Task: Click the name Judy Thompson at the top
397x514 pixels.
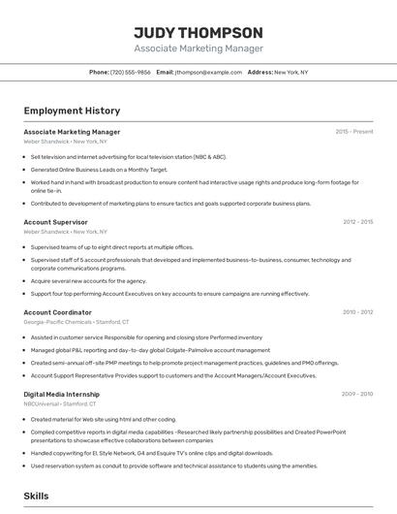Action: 198,32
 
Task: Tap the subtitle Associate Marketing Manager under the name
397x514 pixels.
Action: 198,48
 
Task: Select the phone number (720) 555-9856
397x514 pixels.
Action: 130,72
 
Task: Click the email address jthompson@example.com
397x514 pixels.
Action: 208,72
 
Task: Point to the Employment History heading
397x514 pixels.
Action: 72,111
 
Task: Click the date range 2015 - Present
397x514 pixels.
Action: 353,131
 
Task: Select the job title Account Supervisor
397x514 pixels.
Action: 55,222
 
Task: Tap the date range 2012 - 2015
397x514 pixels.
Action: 357,222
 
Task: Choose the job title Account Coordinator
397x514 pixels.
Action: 57,312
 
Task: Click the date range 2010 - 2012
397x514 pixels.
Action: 357,312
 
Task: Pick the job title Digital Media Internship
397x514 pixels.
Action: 61,394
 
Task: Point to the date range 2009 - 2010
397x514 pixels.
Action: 357,394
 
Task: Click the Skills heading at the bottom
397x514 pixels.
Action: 36,496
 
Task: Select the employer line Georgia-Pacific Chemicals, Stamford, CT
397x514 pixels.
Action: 76,322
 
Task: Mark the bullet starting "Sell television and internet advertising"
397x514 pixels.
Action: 128,156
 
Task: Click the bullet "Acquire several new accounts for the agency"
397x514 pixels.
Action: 88,281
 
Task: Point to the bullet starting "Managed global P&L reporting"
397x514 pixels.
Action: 150,350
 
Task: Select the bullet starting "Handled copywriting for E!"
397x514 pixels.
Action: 151,453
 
